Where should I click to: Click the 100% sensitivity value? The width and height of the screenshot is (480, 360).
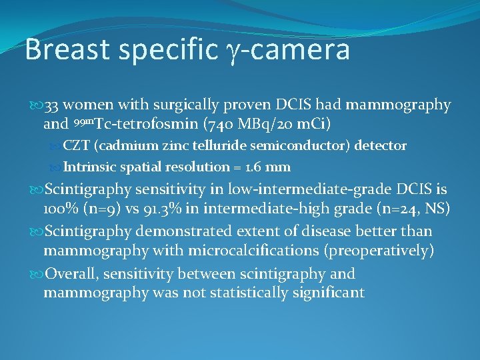61,209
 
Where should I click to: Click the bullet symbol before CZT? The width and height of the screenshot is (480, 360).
57,145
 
